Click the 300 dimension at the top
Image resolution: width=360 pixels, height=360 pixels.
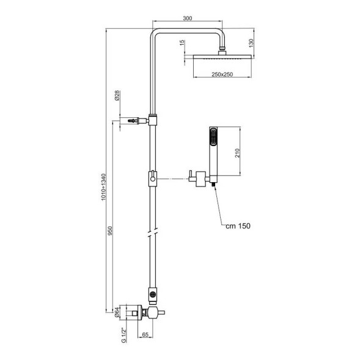tap(188, 19)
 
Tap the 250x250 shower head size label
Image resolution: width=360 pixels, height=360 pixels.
tap(221, 73)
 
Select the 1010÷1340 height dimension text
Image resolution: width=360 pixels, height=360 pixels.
tap(105, 186)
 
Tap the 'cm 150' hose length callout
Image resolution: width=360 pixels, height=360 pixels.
tap(237, 226)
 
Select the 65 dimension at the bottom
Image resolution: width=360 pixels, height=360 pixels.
tap(145, 336)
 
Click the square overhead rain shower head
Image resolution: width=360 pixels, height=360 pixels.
tap(221, 57)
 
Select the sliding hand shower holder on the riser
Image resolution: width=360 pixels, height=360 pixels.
tap(151, 179)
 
